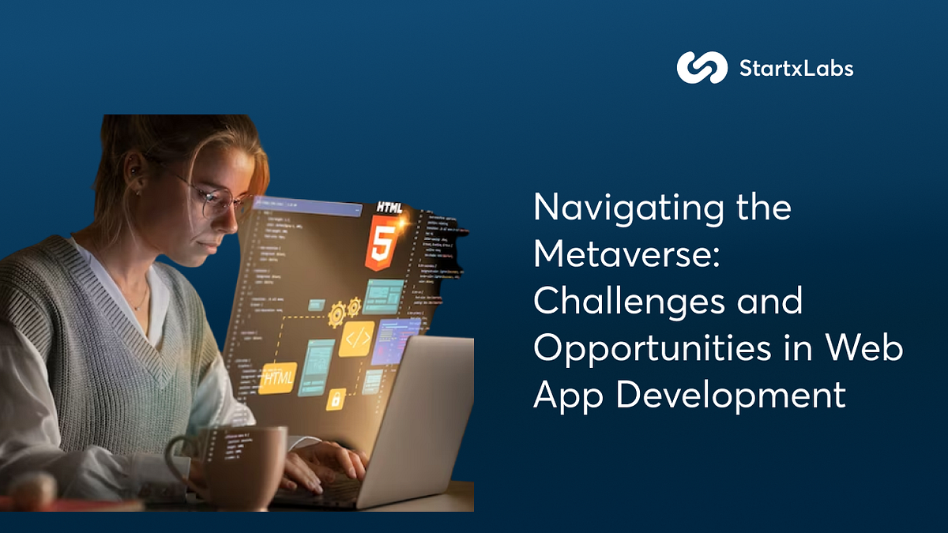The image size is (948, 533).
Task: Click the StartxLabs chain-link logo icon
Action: click(x=702, y=68)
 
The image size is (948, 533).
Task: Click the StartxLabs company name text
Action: click(x=796, y=69)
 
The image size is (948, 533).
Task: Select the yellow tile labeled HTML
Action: click(x=277, y=378)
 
